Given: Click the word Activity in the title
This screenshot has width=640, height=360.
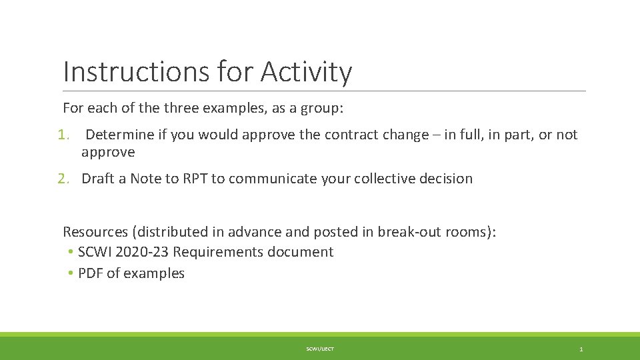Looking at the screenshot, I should tap(306, 71).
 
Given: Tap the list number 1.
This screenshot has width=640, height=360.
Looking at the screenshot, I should tap(63, 135).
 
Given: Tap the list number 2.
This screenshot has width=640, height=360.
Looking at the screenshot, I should tap(63, 179).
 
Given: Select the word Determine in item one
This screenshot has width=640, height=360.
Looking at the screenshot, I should tap(119, 135).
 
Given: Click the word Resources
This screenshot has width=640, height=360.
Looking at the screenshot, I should tap(95, 232).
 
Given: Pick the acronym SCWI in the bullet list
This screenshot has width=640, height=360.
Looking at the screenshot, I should tap(94, 252).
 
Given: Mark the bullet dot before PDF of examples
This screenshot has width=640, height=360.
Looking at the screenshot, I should tap(70, 273).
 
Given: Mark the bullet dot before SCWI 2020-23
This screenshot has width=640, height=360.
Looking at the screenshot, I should tap(70, 252).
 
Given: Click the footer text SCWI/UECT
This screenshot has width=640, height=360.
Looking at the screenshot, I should tap(320, 349).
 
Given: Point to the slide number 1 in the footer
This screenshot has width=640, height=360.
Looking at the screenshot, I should tap(581, 349).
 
